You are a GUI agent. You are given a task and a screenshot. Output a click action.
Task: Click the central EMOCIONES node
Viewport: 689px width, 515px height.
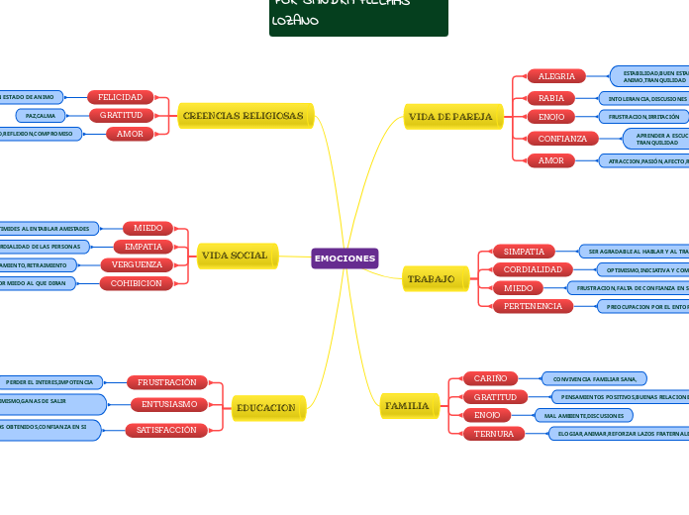pos(344,258)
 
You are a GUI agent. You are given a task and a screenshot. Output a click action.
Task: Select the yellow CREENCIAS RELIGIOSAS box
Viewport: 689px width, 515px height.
pos(244,116)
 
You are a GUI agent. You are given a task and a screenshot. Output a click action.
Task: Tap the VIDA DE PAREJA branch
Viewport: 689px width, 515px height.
pos(450,117)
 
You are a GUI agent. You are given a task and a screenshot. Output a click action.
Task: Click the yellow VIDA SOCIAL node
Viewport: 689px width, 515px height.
pos(235,256)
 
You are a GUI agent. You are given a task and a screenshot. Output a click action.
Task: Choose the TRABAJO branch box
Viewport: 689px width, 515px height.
pos(431,279)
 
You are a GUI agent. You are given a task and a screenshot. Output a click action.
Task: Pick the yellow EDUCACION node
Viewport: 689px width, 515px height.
pos(266,407)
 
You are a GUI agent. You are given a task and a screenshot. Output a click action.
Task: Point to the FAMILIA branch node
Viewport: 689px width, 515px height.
pos(407,406)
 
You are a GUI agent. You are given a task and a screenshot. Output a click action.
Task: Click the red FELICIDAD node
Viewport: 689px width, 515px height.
pos(121,97)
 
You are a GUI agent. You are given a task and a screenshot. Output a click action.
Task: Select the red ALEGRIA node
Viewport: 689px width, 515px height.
pos(556,76)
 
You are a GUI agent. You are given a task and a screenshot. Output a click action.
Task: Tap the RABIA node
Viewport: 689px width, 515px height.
pos(551,98)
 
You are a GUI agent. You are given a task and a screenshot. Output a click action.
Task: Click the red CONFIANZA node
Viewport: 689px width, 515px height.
pos(562,139)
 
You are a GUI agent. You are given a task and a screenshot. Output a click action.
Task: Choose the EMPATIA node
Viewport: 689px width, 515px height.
pos(144,246)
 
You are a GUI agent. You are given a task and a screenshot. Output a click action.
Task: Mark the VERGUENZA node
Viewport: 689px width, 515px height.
pos(137,264)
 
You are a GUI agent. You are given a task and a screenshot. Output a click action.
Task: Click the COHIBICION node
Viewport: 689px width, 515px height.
pos(137,283)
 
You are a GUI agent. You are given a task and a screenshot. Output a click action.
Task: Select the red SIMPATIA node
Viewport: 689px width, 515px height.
pos(525,252)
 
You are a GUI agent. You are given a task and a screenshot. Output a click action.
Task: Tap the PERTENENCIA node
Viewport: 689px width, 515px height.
pos(533,306)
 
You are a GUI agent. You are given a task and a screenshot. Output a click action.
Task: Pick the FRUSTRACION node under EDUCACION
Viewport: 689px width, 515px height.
pos(167,382)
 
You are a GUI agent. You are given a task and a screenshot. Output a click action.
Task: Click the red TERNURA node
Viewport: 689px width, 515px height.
pos(493,434)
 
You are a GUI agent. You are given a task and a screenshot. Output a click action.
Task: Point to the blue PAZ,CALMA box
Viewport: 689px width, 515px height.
pos(41,116)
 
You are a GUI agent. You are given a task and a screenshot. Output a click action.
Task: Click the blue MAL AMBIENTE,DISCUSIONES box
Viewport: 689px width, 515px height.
pos(583,416)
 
